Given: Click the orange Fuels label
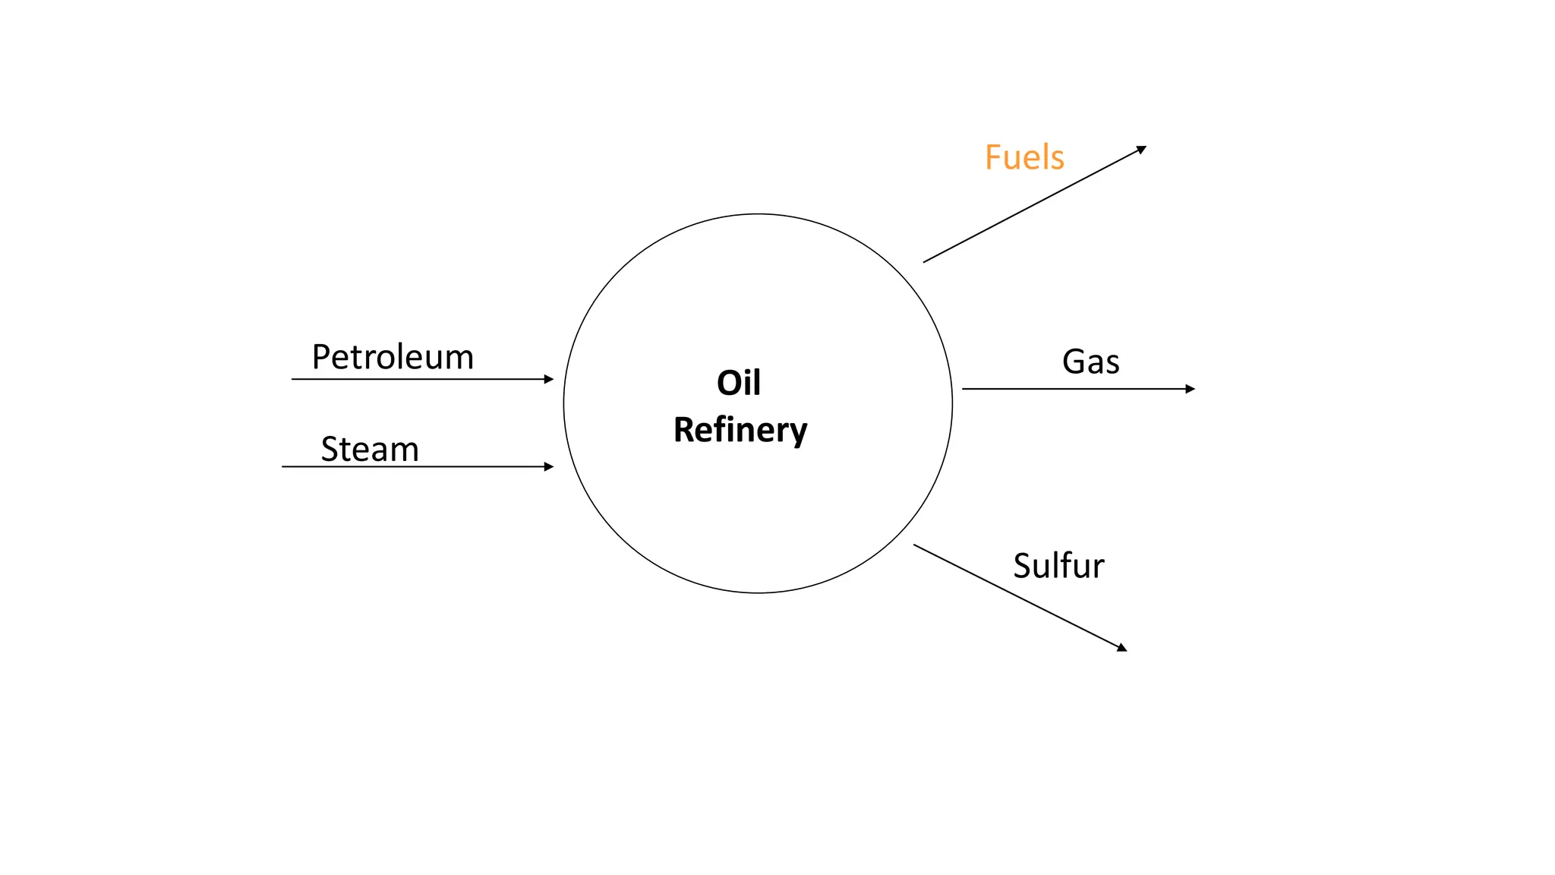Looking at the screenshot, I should [1024, 158].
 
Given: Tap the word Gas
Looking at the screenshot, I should [1090, 362].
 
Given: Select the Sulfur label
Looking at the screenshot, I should [1058, 567].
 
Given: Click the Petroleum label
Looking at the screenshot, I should [393, 358].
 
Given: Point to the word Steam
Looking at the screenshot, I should [370, 450].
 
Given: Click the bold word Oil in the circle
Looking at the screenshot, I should [739, 383].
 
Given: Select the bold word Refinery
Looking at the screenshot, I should [740, 430].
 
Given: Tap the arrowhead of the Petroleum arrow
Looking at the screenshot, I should [550, 379].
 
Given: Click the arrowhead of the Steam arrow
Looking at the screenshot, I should [550, 466].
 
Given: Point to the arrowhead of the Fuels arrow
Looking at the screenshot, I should [1142, 149].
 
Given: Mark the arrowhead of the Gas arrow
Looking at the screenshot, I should [1191, 389].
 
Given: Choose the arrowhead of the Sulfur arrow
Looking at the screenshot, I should [1123, 648].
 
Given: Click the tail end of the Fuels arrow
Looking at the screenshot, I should [925, 262].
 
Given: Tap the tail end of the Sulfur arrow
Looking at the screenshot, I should [915, 545].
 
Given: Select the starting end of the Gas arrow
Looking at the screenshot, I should [964, 389].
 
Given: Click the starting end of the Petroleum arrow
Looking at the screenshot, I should [293, 379].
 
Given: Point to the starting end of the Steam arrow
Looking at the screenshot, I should [283, 466].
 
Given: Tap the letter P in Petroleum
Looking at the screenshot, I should [321, 357].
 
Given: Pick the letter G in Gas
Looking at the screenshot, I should [1074, 362].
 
